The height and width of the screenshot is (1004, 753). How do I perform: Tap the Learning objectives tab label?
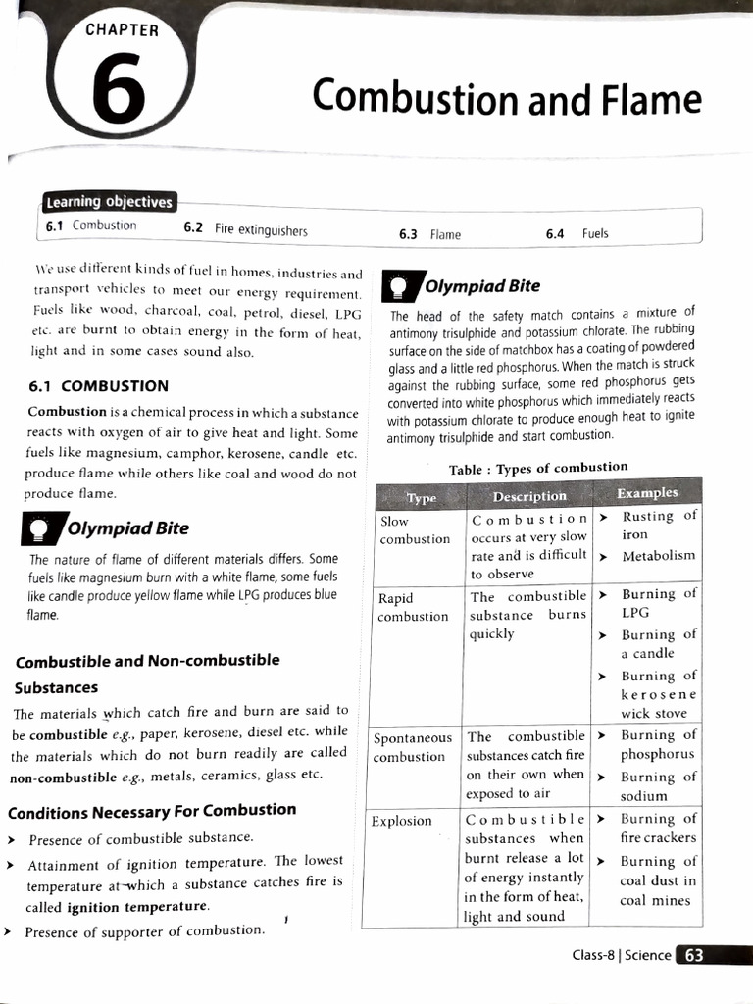109,202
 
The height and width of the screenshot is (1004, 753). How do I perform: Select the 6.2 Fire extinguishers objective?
246,230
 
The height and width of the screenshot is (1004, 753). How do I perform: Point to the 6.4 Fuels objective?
577,234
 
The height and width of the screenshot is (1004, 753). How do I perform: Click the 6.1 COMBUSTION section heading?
99,385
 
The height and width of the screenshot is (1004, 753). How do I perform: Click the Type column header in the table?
421,498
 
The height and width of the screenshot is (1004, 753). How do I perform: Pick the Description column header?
529,496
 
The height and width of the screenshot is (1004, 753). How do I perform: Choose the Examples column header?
646,493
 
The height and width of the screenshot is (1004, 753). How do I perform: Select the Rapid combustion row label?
413,607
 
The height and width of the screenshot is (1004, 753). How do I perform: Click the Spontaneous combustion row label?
412,747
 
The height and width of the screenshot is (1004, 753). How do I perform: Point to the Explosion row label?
401,821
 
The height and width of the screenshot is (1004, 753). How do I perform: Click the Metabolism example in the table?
658,556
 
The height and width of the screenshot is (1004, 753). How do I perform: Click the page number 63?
694,955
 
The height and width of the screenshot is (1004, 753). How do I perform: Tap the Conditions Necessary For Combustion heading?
152,811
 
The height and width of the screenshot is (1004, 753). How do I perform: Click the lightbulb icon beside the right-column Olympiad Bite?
399,284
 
